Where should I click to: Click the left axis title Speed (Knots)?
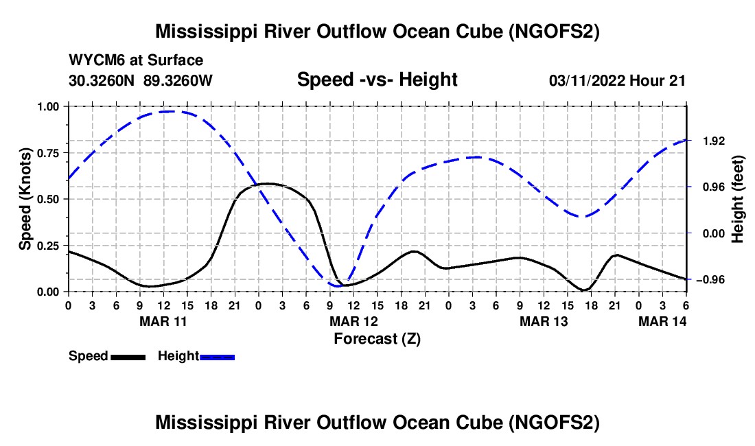click(x=25, y=199)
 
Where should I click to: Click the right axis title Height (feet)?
click(x=738, y=199)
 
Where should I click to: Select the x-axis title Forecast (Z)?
click(x=377, y=338)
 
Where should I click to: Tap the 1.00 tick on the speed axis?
click(x=48, y=106)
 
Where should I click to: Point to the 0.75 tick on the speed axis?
click(x=48, y=153)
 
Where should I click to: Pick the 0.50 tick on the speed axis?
click(x=48, y=199)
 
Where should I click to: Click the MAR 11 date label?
click(x=163, y=320)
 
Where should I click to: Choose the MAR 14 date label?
click(x=662, y=320)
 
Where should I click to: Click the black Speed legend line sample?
click(x=128, y=356)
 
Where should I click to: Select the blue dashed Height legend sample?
click(x=217, y=356)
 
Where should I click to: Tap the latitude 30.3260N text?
click(x=103, y=80)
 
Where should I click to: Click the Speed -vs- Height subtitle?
click(x=377, y=80)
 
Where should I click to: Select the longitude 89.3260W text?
click(x=178, y=80)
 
